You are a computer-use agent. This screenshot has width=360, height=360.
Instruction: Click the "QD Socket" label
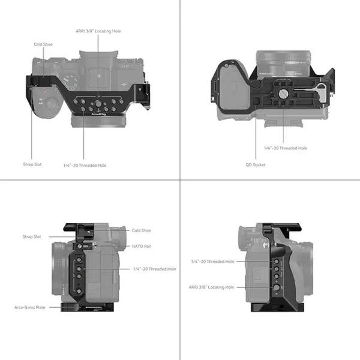coord(256,164)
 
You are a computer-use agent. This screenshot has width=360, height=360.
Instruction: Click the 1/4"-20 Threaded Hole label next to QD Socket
coord(285,148)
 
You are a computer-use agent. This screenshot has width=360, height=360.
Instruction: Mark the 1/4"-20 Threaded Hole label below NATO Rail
coord(155,269)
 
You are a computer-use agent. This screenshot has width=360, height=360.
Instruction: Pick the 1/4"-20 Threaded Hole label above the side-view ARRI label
coord(212,261)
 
